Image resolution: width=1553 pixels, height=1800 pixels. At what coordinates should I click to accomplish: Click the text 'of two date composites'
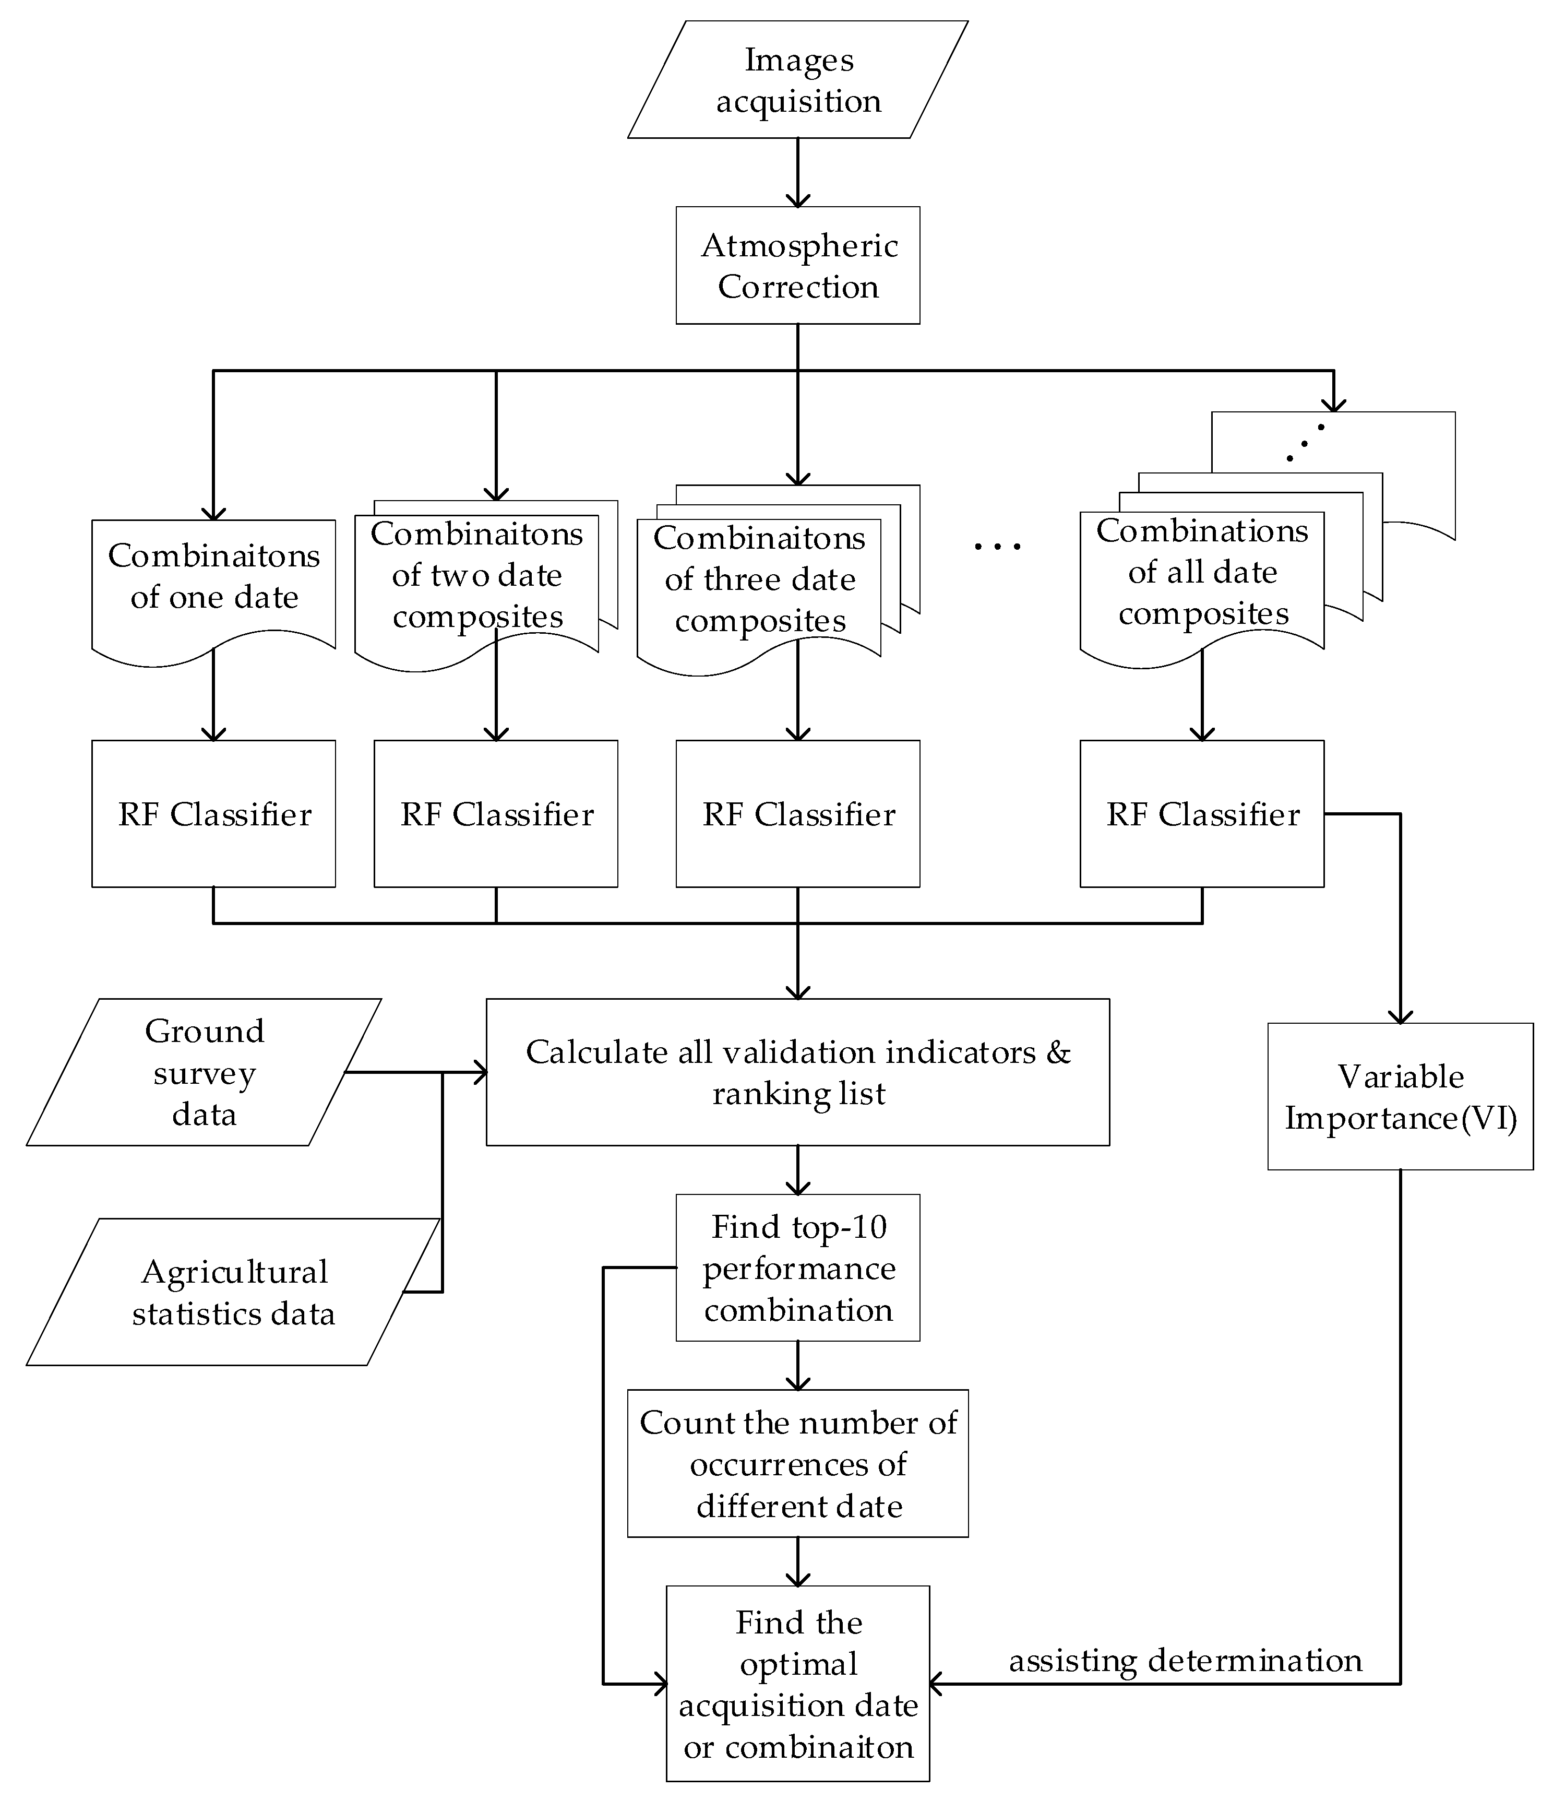(x=477, y=595)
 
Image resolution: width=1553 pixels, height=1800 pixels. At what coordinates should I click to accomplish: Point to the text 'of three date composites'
(x=759, y=599)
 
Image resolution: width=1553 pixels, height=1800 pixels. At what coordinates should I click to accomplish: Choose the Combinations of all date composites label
(x=1202, y=572)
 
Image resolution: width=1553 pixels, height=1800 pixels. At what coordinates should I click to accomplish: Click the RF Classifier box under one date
(x=213, y=814)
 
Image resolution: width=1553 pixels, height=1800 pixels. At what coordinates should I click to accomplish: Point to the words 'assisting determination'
(x=1185, y=1661)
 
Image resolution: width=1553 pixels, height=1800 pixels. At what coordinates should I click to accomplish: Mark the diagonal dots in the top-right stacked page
(x=1305, y=443)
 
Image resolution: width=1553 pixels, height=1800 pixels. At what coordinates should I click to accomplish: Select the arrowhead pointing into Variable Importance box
(x=1400, y=1016)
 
